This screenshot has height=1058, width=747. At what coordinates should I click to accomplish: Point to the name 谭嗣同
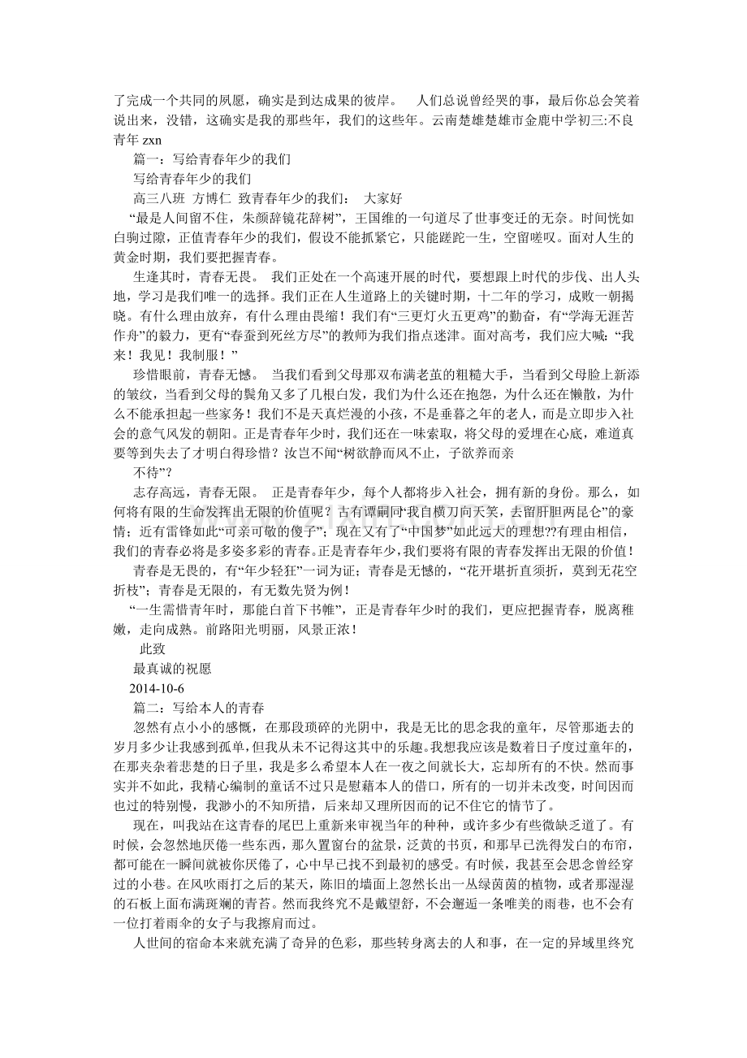click(x=393, y=512)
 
